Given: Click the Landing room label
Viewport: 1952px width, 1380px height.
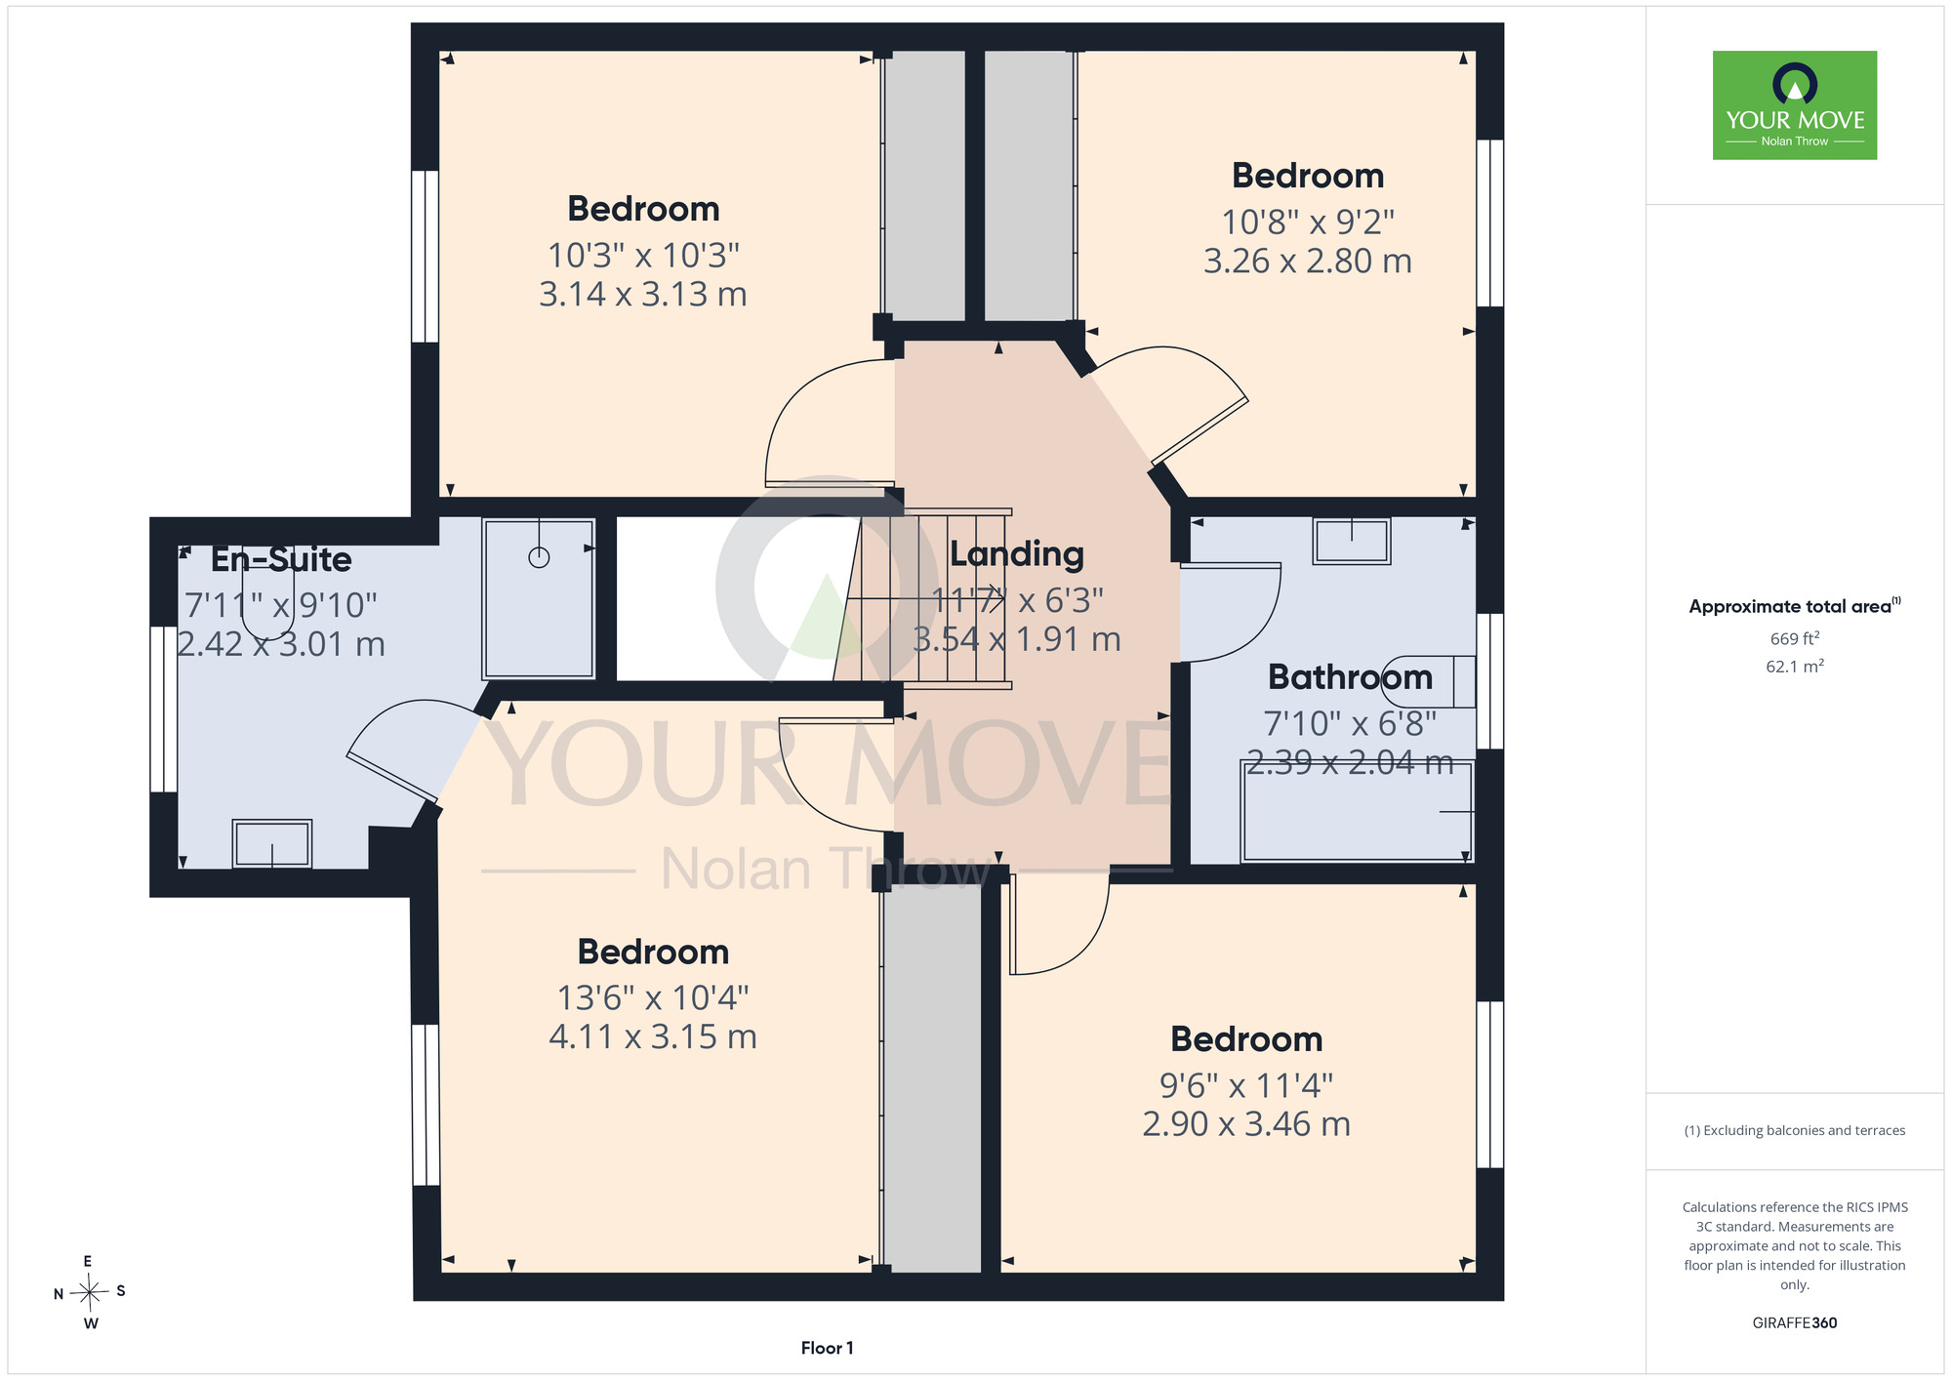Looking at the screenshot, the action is (1017, 554).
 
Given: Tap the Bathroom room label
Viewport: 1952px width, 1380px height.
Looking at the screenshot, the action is (1350, 677).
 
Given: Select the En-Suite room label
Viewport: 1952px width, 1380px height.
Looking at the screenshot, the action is (281, 559).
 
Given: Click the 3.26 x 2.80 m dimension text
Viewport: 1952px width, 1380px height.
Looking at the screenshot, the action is (1308, 262).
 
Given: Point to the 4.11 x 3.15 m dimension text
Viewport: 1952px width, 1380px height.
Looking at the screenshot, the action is (653, 1036).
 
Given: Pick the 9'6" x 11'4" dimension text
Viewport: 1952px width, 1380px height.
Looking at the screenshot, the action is (1246, 1085).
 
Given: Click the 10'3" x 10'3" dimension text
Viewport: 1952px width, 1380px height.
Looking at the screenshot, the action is (643, 256).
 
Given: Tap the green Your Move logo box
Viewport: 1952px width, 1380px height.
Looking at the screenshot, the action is (1795, 105).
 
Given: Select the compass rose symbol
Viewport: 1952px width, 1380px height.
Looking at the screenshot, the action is (89, 1293).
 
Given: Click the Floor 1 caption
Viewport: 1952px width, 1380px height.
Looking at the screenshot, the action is (828, 1348).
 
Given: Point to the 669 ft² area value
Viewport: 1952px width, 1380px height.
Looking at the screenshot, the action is (1795, 639).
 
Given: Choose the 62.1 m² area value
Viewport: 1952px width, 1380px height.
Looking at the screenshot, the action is (1795, 667).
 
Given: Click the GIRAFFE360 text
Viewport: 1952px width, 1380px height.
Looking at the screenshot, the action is (1795, 1323).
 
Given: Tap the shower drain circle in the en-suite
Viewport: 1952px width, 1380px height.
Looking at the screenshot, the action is (539, 557).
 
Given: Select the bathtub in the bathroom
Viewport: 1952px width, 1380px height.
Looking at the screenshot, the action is (1357, 811).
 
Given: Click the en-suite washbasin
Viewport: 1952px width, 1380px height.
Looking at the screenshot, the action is (272, 843).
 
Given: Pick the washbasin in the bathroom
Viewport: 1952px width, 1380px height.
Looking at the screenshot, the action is (1352, 541).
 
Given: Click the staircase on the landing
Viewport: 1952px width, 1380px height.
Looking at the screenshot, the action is (923, 599).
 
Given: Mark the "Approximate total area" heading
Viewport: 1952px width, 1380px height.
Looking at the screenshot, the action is (1795, 606).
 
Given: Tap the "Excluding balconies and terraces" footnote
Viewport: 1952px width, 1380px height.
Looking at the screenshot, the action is (1795, 1131).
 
